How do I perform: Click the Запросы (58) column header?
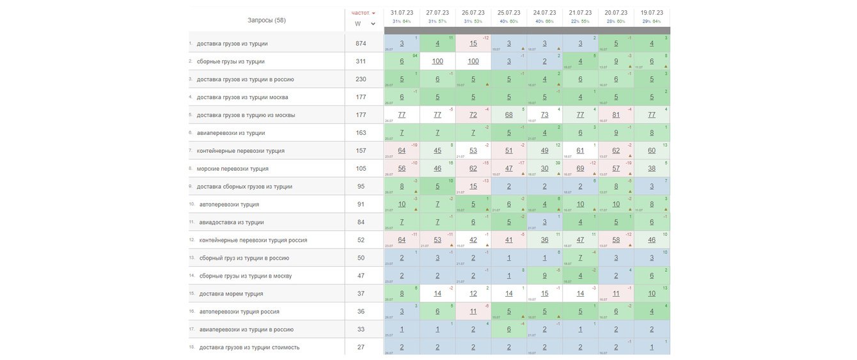tap(266, 20)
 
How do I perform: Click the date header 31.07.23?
tap(402, 13)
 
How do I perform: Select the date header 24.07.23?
tap(544, 13)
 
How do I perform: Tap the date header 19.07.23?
tap(652, 13)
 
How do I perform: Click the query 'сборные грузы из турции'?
tap(230, 61)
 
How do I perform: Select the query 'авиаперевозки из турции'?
tap(230, 133)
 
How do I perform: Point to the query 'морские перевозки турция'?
tap(232, 169)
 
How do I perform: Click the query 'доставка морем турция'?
tap(231, 294)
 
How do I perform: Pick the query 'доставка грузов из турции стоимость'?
tap(249, 348)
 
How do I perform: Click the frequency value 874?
tap(361, 43)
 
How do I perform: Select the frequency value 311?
tap(361, 61)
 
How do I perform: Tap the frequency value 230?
tap(361, 79)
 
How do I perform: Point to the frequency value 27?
tap(361, 348)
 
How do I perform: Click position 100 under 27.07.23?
tap(437, 61)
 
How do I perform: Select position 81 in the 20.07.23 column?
tap(616, 115)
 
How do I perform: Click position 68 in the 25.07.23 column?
tap(508, 115)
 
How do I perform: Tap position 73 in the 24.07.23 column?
tap(544, 115)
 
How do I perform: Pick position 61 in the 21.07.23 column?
tap(580, 151)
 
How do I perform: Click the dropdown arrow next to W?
tap(373, 24)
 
